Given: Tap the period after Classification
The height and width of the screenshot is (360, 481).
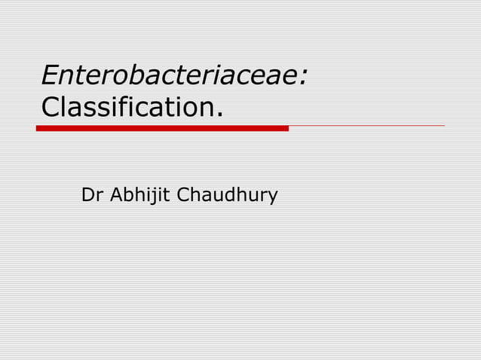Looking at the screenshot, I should pos(220,115).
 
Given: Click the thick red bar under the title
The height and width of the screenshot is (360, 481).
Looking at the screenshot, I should pos(162,128).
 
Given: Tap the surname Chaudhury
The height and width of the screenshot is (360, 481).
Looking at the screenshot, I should pos(227,197).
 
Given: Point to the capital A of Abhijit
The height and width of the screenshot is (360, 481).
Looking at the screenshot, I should pos(117,196).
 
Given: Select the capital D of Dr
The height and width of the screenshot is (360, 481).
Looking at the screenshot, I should pos(87,196).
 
